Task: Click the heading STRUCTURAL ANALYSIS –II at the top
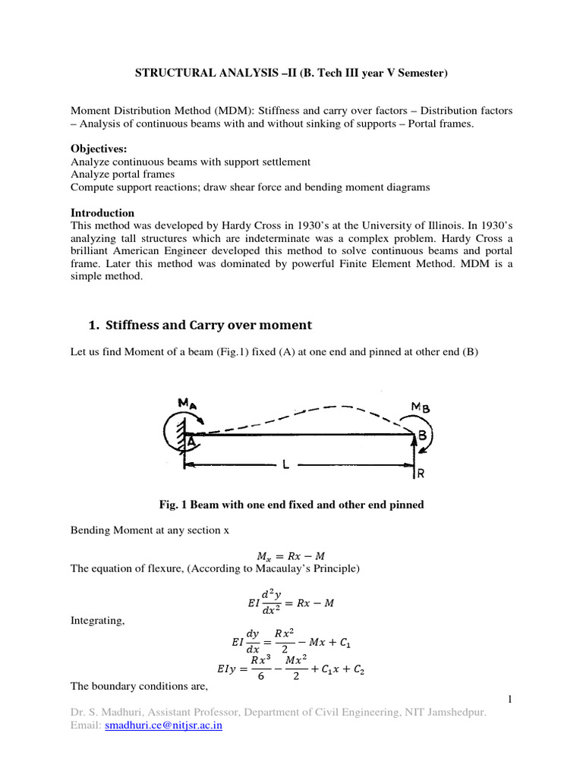pos(291,73)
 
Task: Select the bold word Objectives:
pos(99,149)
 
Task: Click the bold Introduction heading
pos(102,212)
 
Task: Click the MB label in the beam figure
pos(421,407)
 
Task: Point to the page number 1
pos(511,699)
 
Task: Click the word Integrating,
pos(98,621)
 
